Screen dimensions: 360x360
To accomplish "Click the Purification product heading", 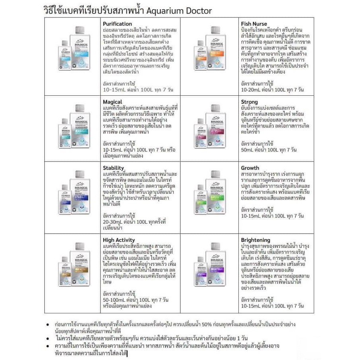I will pos(117,24).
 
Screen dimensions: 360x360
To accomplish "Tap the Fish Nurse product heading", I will pos(254,24).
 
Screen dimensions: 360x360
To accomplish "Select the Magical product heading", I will pos(112,102).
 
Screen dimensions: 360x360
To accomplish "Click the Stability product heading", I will pos(113,168).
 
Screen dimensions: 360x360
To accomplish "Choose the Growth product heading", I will pos(250,168).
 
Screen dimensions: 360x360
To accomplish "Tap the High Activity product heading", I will pos(120,240).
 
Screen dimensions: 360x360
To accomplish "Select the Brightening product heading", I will pos(256,240).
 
